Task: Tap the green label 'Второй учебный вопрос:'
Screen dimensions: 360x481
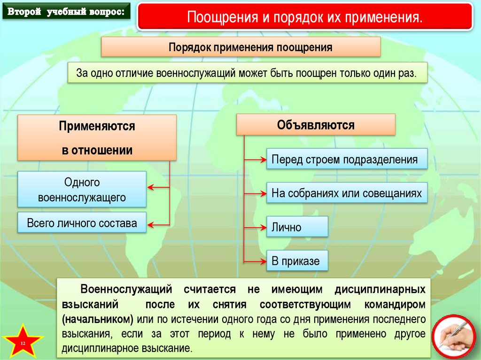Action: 66,12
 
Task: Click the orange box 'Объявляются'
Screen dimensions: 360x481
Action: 316,125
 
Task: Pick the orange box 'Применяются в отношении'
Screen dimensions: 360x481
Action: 97,138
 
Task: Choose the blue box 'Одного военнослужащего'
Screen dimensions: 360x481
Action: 82,190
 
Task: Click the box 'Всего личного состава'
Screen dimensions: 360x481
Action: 82,223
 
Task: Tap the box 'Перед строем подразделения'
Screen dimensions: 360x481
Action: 347,160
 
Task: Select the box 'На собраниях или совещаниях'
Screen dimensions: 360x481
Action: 347,193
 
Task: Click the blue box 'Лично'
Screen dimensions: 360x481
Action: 297,228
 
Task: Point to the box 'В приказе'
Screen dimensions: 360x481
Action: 297,261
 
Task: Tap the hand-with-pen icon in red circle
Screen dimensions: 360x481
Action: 453,337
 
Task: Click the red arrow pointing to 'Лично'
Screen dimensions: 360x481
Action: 256,227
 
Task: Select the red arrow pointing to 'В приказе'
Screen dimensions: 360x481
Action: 256,261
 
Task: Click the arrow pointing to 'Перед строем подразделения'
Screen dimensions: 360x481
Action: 256,160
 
